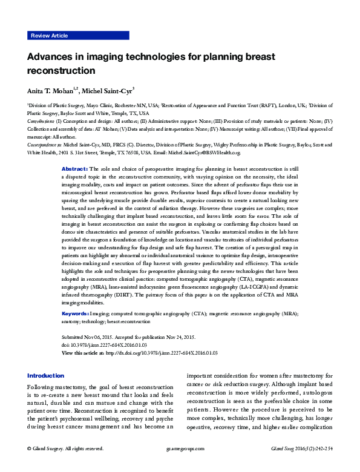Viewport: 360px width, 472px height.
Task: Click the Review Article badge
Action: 48,36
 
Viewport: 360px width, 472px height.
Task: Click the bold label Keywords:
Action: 76,315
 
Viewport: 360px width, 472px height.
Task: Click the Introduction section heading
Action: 45,375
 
